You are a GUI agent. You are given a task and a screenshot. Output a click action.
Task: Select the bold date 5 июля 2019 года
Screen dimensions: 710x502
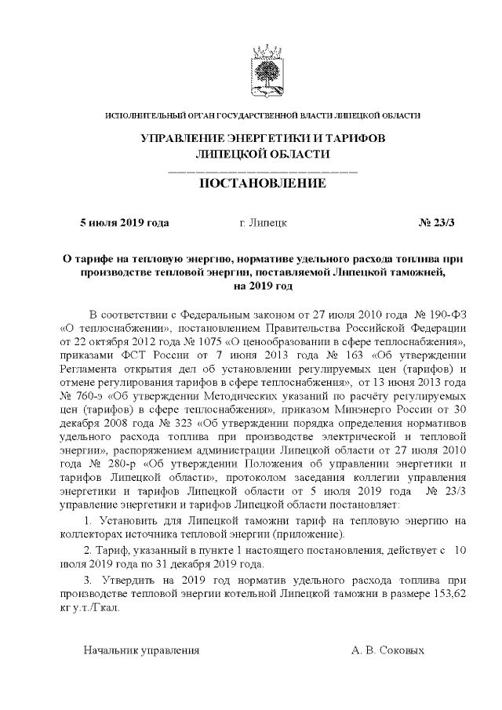(x=125, y=223)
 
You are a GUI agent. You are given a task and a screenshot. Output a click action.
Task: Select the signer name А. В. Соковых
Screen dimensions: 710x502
(x=388, y=650)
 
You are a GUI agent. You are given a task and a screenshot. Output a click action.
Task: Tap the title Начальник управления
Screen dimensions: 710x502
(x=142, y=650)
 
